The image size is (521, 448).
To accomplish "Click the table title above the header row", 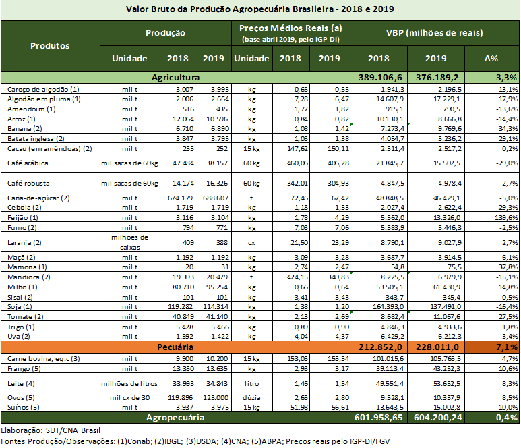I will pyautogui.click(x=260, y=9).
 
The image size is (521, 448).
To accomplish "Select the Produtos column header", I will pyautogui.click(x=50, y=46).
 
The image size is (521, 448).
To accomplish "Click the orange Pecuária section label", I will pyautogui.click(x=175, y=346).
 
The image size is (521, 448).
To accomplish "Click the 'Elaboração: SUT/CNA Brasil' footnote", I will pyautogui.click(x=50, y=430).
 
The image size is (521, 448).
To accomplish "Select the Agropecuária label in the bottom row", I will pyautogui.click(x=175, y=418).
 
